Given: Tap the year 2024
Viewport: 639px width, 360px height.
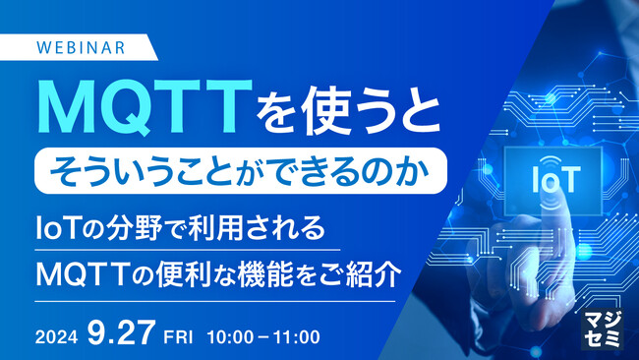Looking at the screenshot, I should pos(56,335).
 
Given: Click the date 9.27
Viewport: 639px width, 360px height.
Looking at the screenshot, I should pos(122,333).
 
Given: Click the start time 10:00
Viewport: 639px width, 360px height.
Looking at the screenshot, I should pos(228,335).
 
